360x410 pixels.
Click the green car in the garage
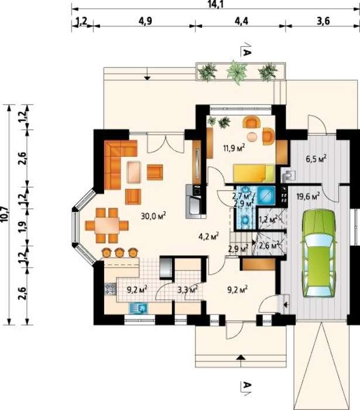click(x=319, y=253)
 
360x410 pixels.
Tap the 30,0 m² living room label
click(x=153, y=216)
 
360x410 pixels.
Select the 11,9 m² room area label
click(x=234, y=148)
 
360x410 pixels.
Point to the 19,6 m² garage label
click(x=308, y=196)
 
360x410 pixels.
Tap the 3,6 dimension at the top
click(x=323, y=20)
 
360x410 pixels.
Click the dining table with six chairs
click(x=107, y=225)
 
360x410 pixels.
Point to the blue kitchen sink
click(x=139, y=308)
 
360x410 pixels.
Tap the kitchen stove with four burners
click(x=110, y=289)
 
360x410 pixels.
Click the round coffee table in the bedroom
click(x=253, y=137)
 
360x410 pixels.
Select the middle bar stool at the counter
click(x=119, y=252)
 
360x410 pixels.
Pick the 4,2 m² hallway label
click(x=209, y=237)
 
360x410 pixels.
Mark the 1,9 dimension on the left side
click(x=23, y=227)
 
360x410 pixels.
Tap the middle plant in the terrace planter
click(x=236, y=71)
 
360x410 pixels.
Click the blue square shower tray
click(x=266, y=195)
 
